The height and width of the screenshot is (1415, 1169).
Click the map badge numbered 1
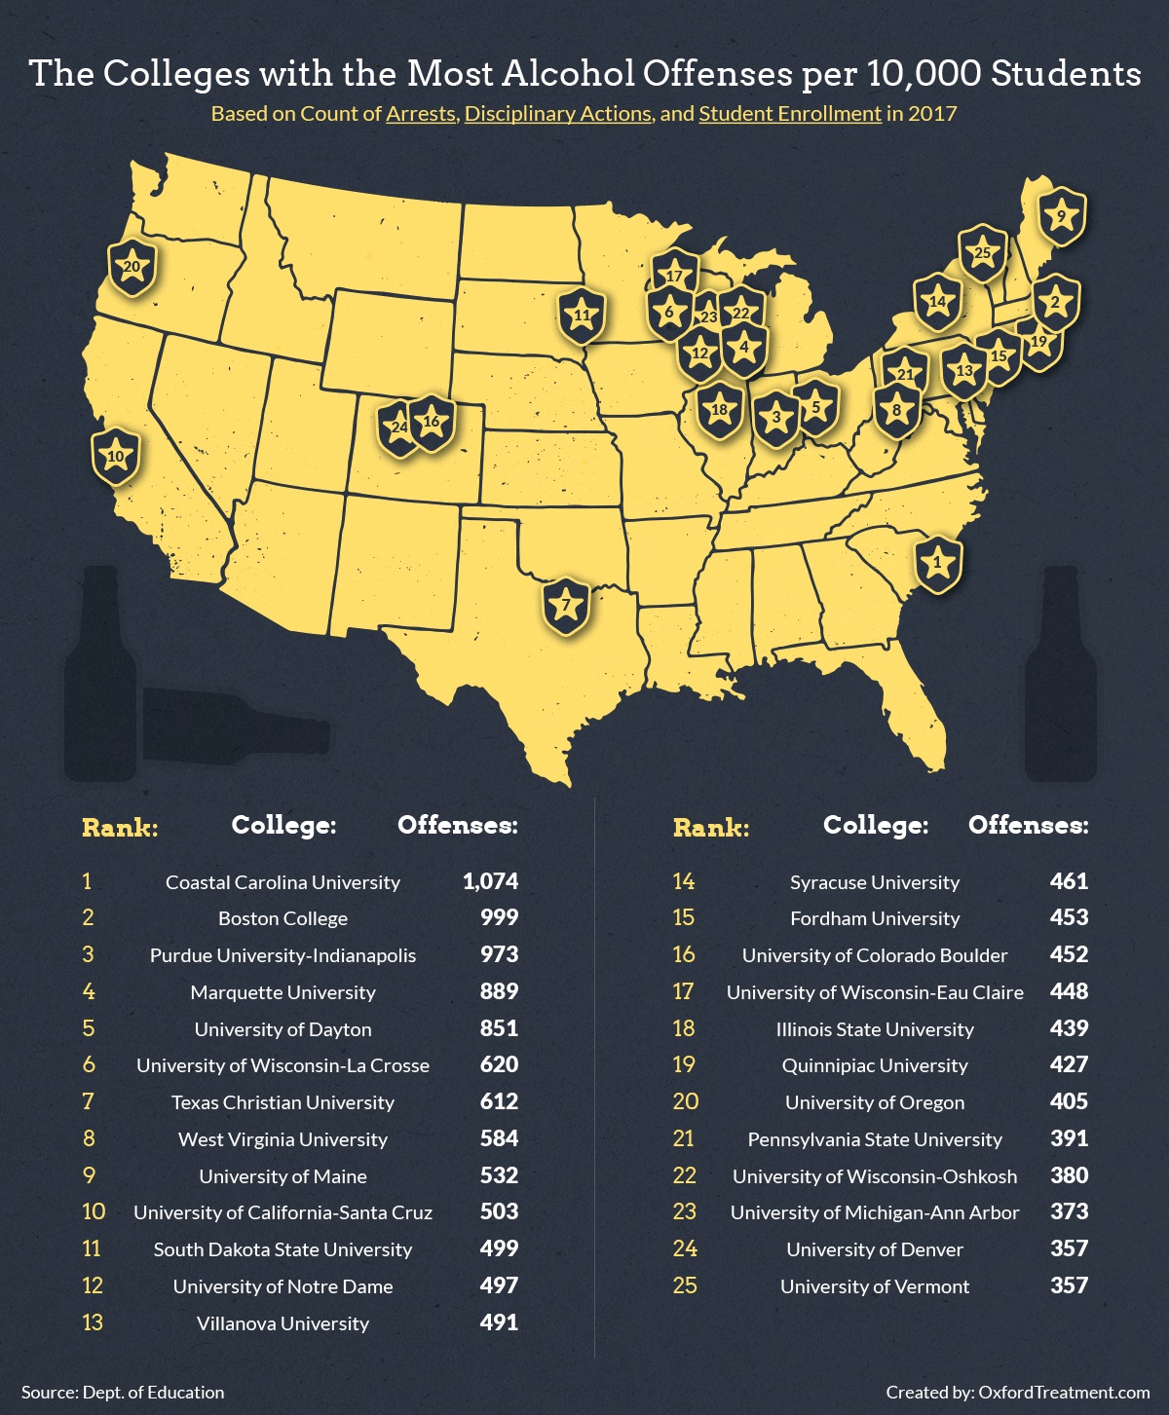click(937, 563)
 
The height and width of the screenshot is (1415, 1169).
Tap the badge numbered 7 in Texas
click(566, 606)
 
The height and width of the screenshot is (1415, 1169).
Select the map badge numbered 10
click(116, 456)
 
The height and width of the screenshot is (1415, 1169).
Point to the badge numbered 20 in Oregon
click(132, 267)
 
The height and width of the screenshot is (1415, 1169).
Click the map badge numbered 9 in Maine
click(1061, 216)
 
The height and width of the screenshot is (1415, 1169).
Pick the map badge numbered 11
click(582, 316)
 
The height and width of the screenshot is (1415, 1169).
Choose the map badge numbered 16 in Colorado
click(432, 423)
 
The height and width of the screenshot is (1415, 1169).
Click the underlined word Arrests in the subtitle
click(421, 114)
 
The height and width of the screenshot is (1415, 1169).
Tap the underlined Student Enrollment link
click(790, 114)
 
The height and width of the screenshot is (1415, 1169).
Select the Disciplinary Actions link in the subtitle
click(558, 114)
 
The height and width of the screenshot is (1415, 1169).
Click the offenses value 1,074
click(490, 882)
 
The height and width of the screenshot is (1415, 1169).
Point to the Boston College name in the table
click(283, 918)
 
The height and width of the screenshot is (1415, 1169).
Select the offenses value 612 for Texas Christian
click(499, 1102)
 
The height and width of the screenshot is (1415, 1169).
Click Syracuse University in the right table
click(875, 882)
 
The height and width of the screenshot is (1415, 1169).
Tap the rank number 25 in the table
click(685, 1285)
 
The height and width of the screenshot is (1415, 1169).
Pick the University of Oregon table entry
click(875, 1102)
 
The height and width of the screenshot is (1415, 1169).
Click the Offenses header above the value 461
click(1028, 826)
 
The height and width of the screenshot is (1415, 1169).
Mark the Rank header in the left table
click(120, 829)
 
